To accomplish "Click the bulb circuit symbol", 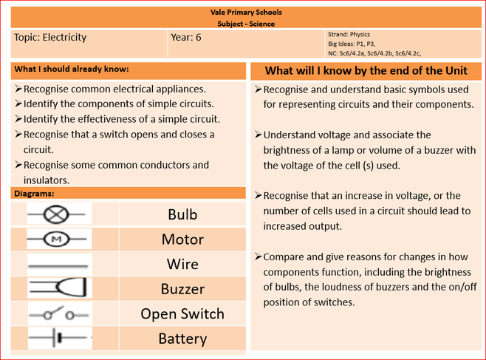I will point(55,215).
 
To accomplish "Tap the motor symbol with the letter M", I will point(55,240).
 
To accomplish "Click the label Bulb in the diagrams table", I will point(182,215).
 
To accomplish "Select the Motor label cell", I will point(182,240).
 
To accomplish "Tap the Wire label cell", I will point(182,264).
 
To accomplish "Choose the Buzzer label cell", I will point(182,289).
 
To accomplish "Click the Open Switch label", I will point(182,313).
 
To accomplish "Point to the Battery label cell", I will point(182,339).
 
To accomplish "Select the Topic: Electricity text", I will point(50,37).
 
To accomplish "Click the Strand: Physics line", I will point(349,34).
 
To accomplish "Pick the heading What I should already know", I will point(72,69).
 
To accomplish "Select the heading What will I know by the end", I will point(366,71).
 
